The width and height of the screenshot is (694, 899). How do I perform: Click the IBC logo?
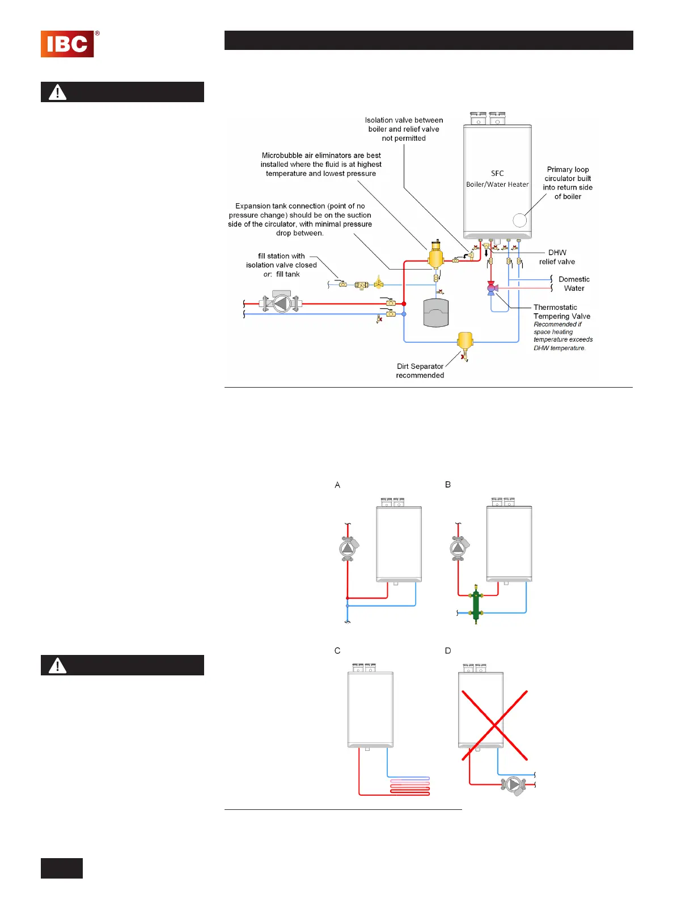(67, 44)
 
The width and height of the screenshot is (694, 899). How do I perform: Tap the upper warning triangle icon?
(57, 92)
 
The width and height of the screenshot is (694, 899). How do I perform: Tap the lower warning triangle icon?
(57, 665)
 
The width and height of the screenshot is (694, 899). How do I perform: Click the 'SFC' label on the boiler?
(497, 173)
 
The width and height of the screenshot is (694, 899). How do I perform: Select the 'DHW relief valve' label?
(557, 257)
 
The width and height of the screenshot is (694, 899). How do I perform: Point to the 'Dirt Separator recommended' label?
(420, 371)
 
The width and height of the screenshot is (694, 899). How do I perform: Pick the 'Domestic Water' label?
(574, 284)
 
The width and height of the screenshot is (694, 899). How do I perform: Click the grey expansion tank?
(436, 313)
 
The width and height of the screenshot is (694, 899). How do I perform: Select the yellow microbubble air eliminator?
(435, 257)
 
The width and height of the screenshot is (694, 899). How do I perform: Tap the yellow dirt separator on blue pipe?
(465, 342)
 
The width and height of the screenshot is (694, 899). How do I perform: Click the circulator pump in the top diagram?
(281, 303)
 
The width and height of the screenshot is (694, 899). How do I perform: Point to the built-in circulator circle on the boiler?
(519, 220)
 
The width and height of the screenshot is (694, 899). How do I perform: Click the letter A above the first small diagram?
(337, 485)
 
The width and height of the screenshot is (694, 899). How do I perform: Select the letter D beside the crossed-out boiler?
(448, 650)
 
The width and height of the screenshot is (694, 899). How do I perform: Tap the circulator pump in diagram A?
(348, 549)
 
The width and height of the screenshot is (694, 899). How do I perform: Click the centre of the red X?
(494, 725)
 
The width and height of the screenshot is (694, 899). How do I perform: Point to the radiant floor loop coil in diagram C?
(409, 785)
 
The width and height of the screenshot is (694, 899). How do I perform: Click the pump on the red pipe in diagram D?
(514, 785)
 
